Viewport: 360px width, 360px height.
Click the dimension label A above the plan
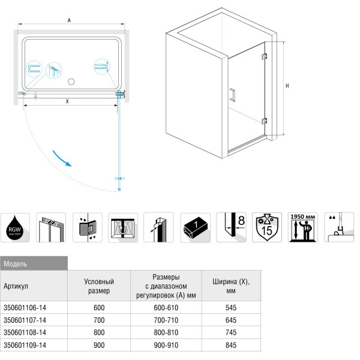click(x=70, y=20)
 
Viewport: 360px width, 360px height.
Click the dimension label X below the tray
click(x=67, y=101)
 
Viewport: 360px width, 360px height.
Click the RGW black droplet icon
click(x=16, y=227)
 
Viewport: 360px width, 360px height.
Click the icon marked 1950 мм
click(x=303, y=227)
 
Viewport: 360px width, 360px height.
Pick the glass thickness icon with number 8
click(x=231, y=227)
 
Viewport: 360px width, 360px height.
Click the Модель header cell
click(x=34, y=263)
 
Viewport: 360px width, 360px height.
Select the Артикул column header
click(x=16, y=286)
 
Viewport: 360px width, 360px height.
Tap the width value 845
click(x=230, y=344)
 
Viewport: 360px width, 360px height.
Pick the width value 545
click(x=230, y=307)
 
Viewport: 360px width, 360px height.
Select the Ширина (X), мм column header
click(x=230, y=286)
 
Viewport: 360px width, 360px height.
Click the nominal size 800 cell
click(x=99, y=332)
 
